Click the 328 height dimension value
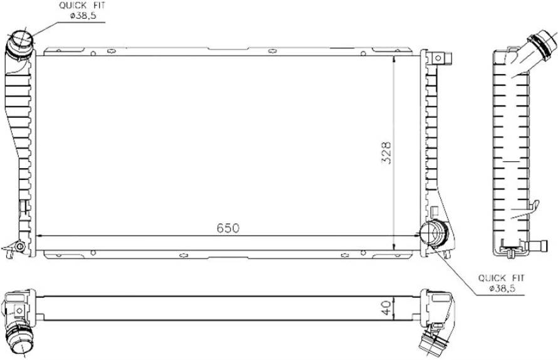(386, 152)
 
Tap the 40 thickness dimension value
(386, 308)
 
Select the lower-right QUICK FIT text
(502, 277)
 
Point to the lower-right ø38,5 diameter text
(503, 288)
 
